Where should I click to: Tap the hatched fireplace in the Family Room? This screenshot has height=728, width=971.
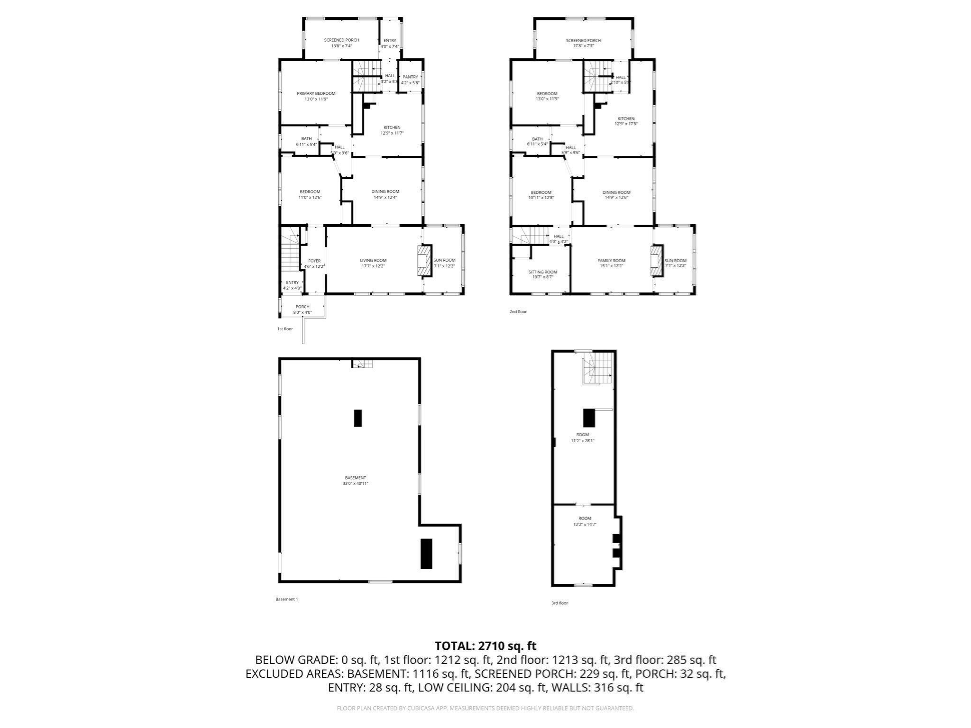click(x=656, y=261)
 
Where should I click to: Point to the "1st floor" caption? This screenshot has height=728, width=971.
click(x=285, y=329)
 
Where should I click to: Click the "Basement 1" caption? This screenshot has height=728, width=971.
click(x=286, y=599)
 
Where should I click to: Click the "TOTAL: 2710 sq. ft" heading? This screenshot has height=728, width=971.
click(x=485, y=646)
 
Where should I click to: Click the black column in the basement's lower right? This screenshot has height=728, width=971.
click(x=427, y=553)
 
